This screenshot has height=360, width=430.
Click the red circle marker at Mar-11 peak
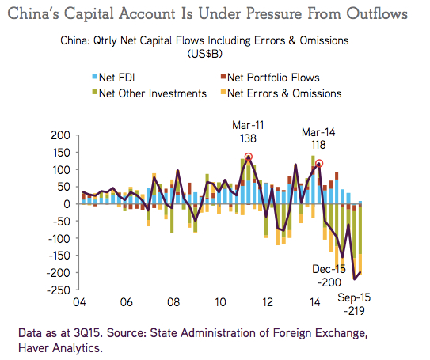click(249, 157)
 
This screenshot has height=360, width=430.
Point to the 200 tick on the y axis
click(59, 135)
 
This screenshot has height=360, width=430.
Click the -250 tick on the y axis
click(57, 290)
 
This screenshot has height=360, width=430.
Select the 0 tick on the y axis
click(67, 204)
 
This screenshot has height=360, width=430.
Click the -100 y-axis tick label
click(57, 238)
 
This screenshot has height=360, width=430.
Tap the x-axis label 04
click(79, 302)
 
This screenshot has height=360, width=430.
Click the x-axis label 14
click(315, 302)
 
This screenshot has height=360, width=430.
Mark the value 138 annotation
click(249, 138)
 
